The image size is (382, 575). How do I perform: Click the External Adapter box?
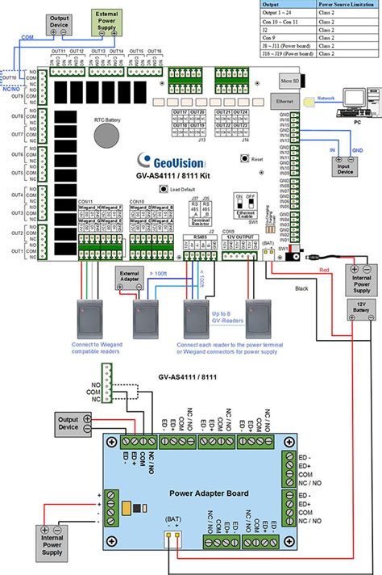click(131, 276)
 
